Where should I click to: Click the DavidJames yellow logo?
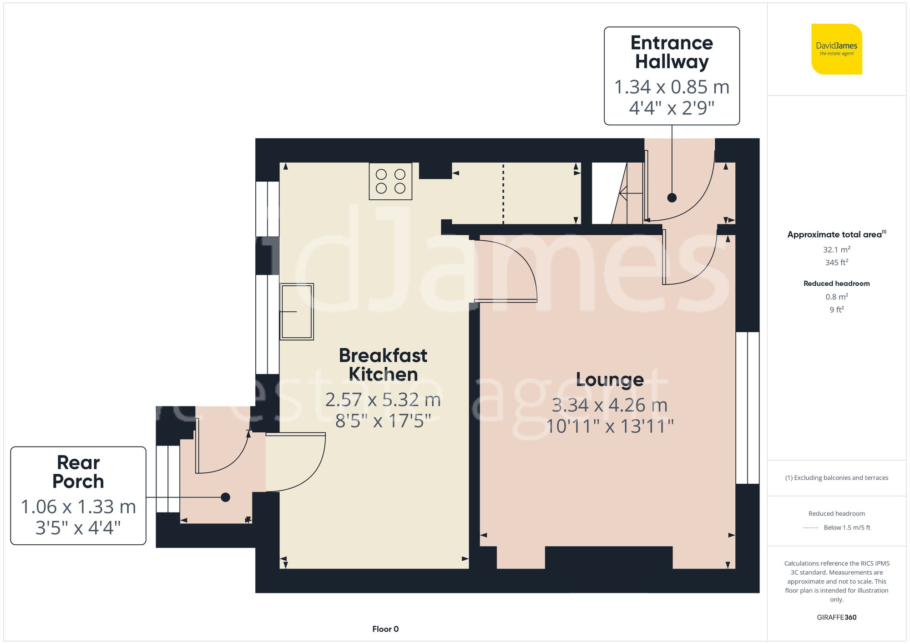[836, 49]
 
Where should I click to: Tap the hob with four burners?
[390, 181]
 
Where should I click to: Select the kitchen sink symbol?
[297, 312]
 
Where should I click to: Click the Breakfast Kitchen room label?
[383, 365]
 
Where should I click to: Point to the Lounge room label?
[610, 380]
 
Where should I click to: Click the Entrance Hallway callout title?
[672, 52]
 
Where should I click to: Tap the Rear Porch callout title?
[78, 472]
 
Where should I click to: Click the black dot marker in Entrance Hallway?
[672, 198]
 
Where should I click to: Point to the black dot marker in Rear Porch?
[225, 497]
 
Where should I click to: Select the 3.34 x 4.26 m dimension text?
[610, 405]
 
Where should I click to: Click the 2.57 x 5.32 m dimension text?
[383, 400]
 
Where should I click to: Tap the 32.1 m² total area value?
[836, 249]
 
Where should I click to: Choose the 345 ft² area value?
[836, 263]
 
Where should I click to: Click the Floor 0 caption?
[385, 629]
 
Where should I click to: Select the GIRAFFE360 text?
[836, 618]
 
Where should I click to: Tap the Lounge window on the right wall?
[747, 408]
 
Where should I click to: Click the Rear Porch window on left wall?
[168, 479]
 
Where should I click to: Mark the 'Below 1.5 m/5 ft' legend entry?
[846, 527]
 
